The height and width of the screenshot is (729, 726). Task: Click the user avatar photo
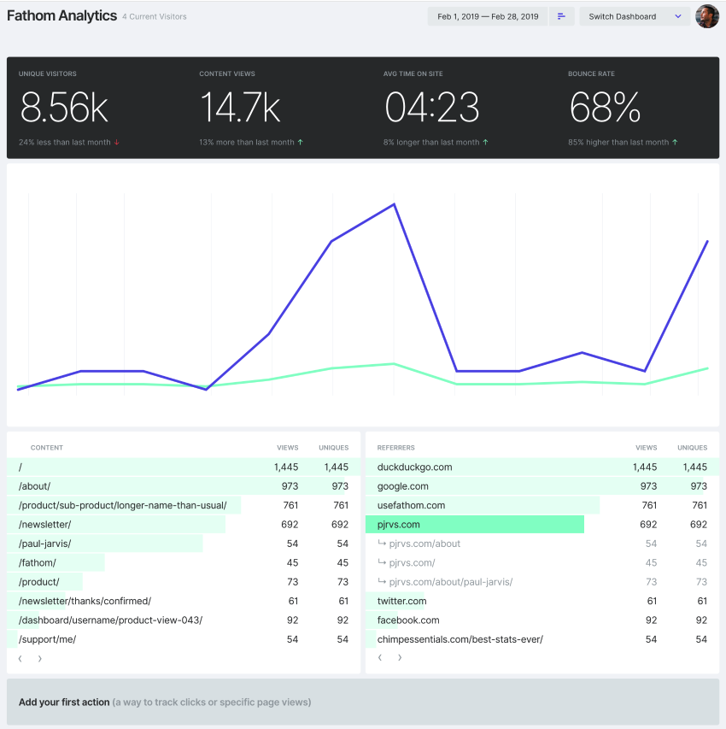(707, 16)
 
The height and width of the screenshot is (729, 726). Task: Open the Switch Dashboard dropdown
(635, 16)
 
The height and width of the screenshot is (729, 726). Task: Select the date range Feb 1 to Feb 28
(487, 16)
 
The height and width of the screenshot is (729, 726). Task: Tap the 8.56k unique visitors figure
(64, 107)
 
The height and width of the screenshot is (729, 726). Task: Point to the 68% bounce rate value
(605, 107)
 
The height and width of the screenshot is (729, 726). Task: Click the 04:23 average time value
(431, 107)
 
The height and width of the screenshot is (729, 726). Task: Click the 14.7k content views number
(240, 107)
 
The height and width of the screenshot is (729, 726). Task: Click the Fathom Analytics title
(61, 16)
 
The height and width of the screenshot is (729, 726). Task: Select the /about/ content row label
(35, 486)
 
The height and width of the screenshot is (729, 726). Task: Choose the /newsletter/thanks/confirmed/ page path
(85, 601)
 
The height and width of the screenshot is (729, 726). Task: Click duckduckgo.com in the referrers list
(414, 467)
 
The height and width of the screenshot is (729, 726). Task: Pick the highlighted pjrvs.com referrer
(399, 525)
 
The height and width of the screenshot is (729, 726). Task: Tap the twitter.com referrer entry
(401, 601)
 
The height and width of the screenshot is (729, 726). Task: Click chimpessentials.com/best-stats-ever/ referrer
(460, 639)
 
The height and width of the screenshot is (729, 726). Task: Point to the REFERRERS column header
(395, 448)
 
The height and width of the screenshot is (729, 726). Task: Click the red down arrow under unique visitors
(116, 143)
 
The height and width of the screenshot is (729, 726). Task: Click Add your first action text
(64, 703)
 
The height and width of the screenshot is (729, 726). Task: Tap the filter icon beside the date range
(561, 16)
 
